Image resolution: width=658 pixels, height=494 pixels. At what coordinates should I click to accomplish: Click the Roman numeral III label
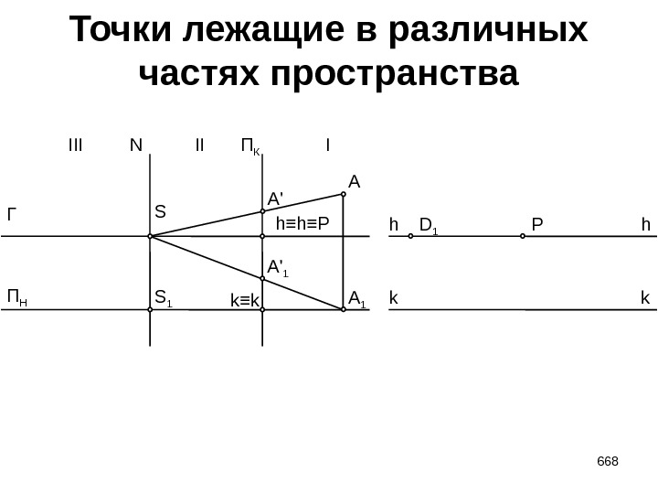pyautogui.click(x=75, y=145)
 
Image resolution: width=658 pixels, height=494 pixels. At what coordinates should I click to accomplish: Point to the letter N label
pyautogui.click(x=136, y=145)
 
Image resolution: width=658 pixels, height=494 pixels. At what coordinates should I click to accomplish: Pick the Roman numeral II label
pyautogui.click(x=199, y=145)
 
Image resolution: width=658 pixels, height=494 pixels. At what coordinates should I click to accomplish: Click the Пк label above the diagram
pyautogui.click(x=250, y=145)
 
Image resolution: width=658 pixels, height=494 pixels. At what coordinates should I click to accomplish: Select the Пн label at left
pyautogui.click(x=16, y=297)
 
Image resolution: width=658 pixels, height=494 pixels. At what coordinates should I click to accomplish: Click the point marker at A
pyautogui.click(x=343, y=194)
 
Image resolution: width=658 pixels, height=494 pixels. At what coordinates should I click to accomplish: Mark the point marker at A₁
pyautogui.click(x=343, y=310)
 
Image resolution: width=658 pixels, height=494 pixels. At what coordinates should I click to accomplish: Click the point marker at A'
pyautogui.click(x=262, y=211)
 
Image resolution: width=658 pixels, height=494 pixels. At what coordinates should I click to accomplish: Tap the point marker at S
pyautogui.click(x=150, y=236)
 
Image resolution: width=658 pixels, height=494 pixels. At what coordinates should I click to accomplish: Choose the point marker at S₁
pyautogui.click(x=150, y=310)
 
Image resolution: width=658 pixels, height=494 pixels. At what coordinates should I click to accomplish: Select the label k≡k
pyautogui.click(x=244, y=299)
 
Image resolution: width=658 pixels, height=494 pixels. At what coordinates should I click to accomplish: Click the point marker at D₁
pyautogui.click(x=410, y=236)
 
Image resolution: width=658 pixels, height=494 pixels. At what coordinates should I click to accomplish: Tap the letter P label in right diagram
pyautogui.click(x=536, y=223)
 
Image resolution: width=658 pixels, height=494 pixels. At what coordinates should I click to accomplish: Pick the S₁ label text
pyautogui.click(x=164, y=297)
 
